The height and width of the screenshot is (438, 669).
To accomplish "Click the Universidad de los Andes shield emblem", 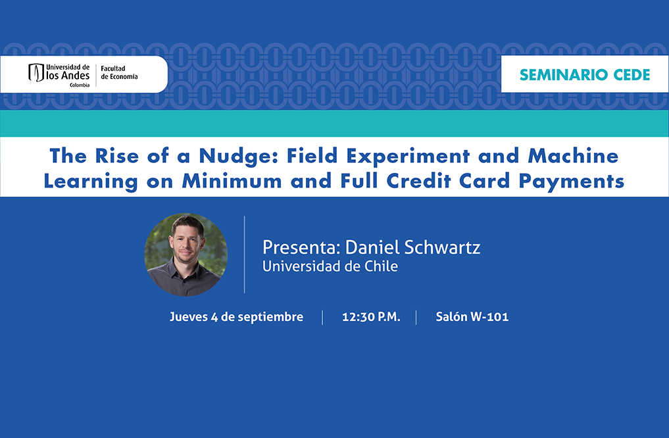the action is (x=36, y=72).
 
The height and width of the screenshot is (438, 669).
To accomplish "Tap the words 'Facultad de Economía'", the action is (x=119, y=72).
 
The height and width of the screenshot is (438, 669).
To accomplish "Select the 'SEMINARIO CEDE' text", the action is (x=585, y=74).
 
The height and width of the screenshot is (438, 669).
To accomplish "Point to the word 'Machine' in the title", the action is (x=573, y=156).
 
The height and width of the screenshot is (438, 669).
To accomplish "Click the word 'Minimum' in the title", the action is (x=232, y=181).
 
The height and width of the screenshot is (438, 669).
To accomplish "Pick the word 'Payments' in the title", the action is (x=571, y=182).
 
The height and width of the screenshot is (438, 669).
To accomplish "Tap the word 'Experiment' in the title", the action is (x=408, y=157).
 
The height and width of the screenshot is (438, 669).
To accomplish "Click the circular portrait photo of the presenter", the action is (x=186, y=255).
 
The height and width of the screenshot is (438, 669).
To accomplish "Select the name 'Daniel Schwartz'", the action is (x=412, y=247).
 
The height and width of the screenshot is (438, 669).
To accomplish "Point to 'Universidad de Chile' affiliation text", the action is (x=330, y=266).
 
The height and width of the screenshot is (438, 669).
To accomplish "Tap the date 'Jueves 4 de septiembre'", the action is (x=236, y=317).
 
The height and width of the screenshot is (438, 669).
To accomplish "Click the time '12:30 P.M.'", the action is (x=371, y=317).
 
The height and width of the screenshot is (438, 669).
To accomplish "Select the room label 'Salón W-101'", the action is (x=472, y=316).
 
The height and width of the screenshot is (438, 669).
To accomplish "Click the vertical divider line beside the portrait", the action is (x=245, y=255).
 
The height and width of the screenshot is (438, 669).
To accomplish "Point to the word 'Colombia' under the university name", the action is (x=80, y=85).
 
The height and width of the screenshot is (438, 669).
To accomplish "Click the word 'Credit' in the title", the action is (x=418, y=181).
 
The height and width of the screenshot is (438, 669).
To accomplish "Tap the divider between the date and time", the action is (x=322, y=317).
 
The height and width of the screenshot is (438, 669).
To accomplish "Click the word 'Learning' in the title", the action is (x=91, y=182).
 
